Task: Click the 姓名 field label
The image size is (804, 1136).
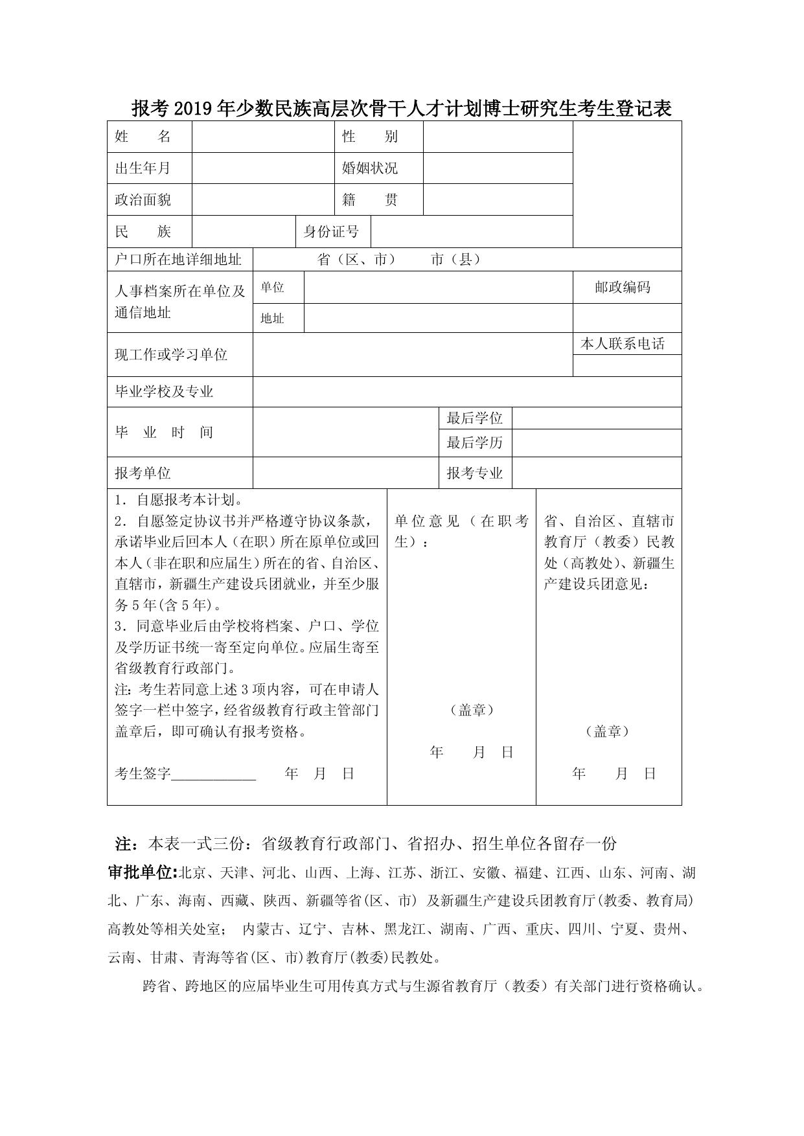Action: pyautogui.click(x=143, y=137)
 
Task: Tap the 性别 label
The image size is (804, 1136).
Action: pyautogui.click(x=370, y=137)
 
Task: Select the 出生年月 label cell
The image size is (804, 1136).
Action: pyautogui.click(x=143, y=168)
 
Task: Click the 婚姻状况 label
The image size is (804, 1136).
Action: pyautogui.click(x=370, y=168)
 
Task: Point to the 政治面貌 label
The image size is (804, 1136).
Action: pyautogui.click(x=143, y=199)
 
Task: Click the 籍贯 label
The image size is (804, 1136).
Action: pyautogui.click(x=370, y=199)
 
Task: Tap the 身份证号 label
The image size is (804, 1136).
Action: pyautogui.click(x=331, y=231)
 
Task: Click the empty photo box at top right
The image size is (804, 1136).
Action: pyautogui.click(x=627, y=184)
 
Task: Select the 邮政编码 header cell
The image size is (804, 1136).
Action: pyautogui.click(x=623, y=287)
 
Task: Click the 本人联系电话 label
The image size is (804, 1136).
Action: pyautogui.click(x=623, y=344)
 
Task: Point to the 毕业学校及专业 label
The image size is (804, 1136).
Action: pyautogui.click(x=165, y=391)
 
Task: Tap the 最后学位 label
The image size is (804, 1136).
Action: pyautogui.click(x=475, y=418)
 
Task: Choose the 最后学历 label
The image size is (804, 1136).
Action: pyautogui.click(x=475, y=443)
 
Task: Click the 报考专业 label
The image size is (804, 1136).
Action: pyautogui.click(x=475, y=473)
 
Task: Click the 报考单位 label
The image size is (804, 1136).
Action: pyautogui.click(x=143, y=473)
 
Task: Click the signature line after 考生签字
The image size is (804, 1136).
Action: pyautogui.click(x=214, y=775)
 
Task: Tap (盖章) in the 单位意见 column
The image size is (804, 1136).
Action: pyautogui.click(x=472, y=710)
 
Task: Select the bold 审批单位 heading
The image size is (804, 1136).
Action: pyautogui.click(x=142, y=873)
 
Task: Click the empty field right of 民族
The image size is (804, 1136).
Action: pyautogui.click(x=244, y=231)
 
